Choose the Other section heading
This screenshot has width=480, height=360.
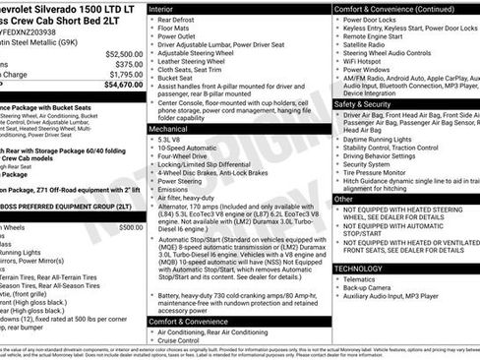[344, 199]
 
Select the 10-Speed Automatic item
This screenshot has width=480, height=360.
[188, 150]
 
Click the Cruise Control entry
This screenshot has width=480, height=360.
[184, 340]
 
